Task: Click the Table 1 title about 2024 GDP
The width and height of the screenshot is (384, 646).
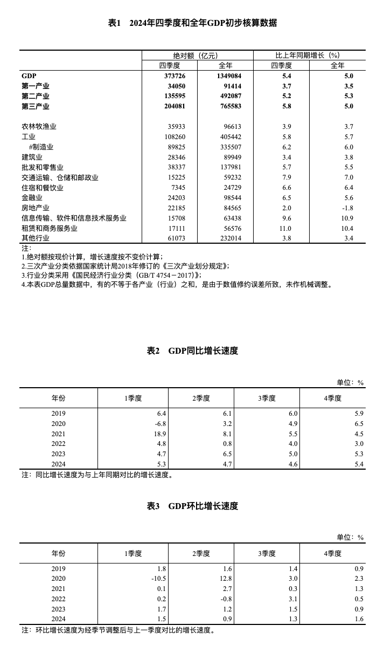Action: [192, 23]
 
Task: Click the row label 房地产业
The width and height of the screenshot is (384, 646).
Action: [36, 208]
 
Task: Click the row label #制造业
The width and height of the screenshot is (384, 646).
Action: [41, 147]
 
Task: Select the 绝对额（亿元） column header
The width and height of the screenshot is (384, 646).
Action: [197, 56]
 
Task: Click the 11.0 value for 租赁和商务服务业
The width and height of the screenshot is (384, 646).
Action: [282, 229]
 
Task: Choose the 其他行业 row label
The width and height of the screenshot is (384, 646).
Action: [36, 239]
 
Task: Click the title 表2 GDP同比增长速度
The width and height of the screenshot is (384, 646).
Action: [192, 351]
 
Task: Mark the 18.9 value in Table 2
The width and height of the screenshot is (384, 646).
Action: [160, 434]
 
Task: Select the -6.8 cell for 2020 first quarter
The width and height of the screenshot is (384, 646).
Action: [160, 423]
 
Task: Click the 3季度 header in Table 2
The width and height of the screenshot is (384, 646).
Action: [267, 398]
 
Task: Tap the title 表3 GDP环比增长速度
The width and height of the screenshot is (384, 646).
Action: [192, 506]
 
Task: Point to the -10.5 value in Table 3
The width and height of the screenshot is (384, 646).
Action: [158, 579]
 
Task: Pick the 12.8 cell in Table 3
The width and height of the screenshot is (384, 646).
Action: [226, 579]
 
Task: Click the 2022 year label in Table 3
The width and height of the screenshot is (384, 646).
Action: [58, 599]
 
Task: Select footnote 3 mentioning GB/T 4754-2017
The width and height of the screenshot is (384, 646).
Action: [111, 275]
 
